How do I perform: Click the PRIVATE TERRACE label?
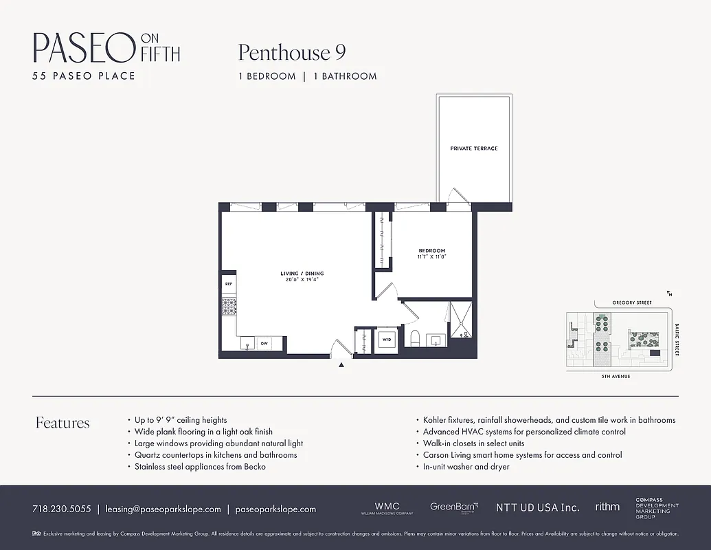[474, 148]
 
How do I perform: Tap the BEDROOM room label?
[432, 250]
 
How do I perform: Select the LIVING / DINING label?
[302, 274]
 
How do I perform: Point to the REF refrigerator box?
[228, 283]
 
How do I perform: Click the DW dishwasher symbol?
[264, 343]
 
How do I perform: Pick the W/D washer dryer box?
[386, 340]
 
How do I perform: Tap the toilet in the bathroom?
[414, 339]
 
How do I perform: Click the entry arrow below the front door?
[341, 366]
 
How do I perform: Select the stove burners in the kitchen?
[228, 306]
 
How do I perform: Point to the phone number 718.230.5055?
[61, 509]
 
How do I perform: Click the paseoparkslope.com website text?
[275, 509]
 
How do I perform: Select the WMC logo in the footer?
[387, 507]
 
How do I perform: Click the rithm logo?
[607, 507]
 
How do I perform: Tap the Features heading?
[63, 423]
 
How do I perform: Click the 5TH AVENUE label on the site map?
[615, 377]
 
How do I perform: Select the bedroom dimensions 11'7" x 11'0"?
[432, 257]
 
